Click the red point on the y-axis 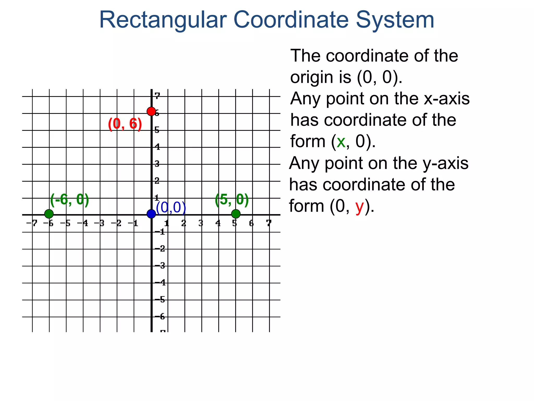tap(151, 111)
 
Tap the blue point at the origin tap(151, 214)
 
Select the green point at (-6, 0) tap(49, 214)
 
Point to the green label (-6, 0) tap(70, 200)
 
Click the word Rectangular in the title tap(163, 20)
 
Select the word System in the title tap(395, 20)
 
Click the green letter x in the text tap(341, 141)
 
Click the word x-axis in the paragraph tap(447, 99)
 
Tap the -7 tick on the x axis tap(32, 223)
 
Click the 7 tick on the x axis tap(269, 223)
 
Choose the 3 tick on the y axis tap(157, 164)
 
